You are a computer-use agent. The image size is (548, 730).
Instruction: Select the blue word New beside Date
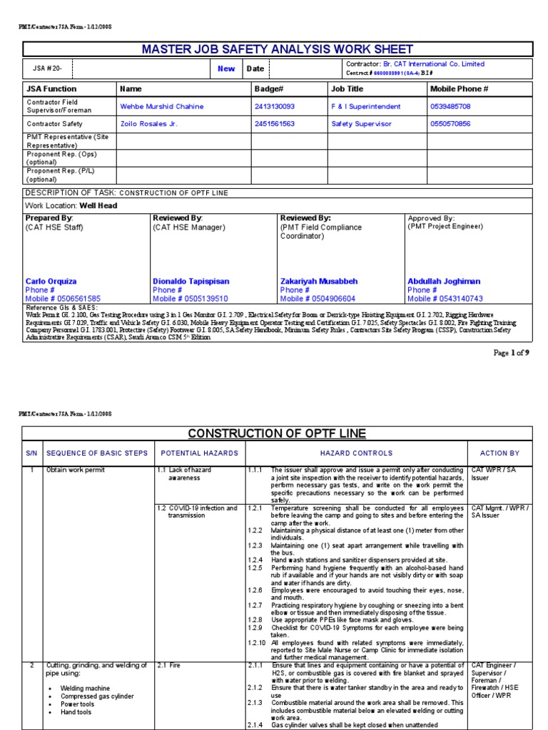point(226,69)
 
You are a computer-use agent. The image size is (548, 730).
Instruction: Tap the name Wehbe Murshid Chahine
point(162,106)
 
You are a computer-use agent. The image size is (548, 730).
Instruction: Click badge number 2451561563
point(274,123)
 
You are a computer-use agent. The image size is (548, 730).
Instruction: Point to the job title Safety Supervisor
point(361,123)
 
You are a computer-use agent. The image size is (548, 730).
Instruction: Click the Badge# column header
point(269,89)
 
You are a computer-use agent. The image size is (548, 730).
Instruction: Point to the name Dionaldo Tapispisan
point(191,282)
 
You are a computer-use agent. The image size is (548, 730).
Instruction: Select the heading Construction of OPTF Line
point(277,433)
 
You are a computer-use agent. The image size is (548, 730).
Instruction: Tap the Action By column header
point(499,453)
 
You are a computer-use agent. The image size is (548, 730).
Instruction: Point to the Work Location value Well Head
point(98,205)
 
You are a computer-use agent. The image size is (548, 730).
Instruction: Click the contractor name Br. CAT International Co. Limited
point(433,64)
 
